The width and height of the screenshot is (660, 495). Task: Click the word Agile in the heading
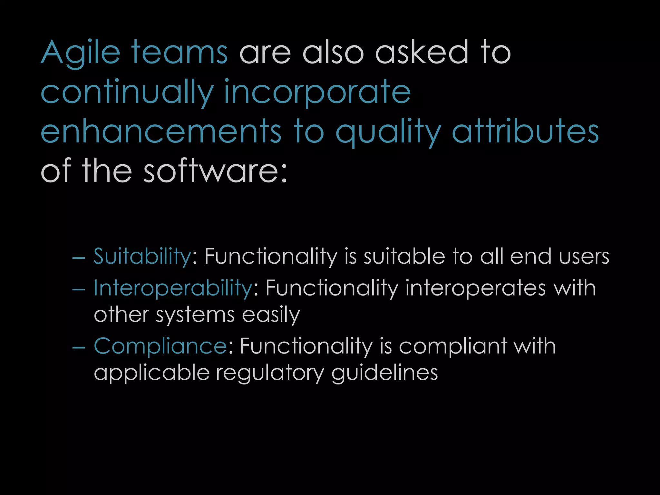point(81,53)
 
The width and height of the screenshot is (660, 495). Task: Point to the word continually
point(127,93)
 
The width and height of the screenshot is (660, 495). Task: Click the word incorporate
point(317,93)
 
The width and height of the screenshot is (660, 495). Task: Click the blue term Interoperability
point(173,288)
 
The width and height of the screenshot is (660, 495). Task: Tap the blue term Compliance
point(160,346)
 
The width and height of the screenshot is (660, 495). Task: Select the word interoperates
point(475,288)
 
